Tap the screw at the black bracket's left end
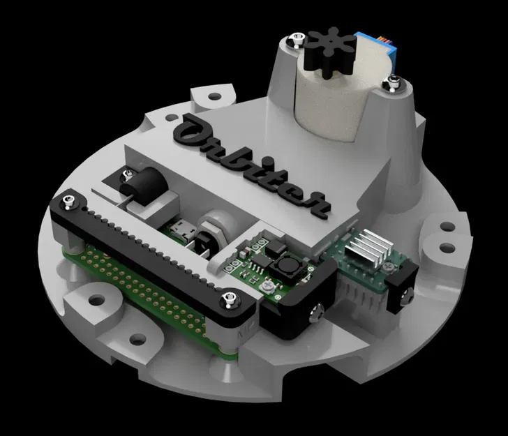point(68,202)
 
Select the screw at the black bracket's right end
point(227,301)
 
